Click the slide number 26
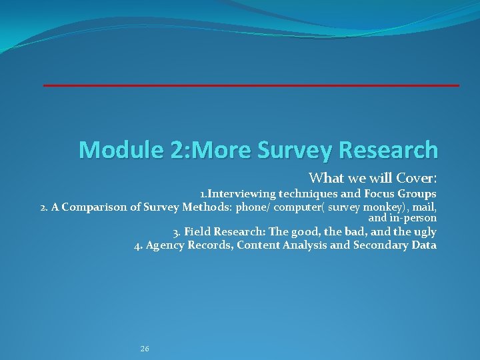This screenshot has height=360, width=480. [x=145, y=349]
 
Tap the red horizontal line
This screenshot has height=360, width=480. [x=251, y=85]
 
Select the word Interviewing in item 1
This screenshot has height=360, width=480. [x=243, y=194]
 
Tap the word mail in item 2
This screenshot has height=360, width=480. [x=424, y=207]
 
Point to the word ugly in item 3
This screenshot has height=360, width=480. [x=425, y=232]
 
